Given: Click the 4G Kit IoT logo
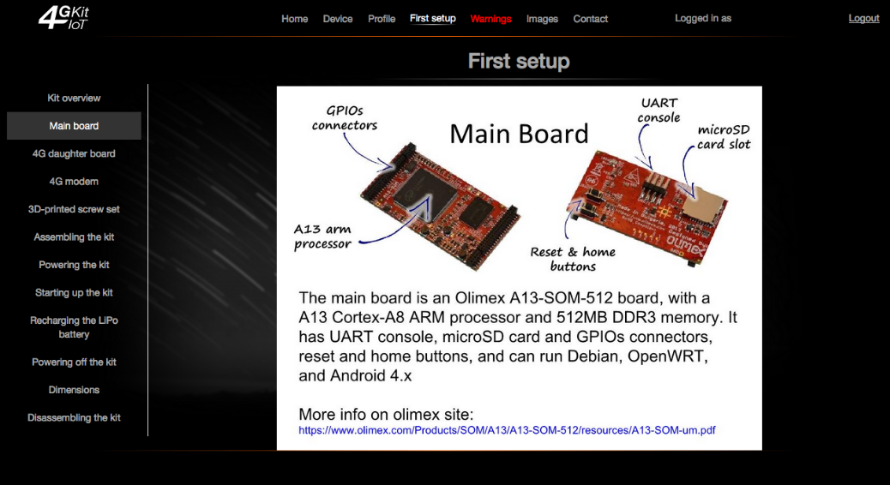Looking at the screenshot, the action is point(63,18).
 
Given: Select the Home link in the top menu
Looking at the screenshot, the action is point(295,19).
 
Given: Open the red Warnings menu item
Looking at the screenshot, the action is point(491,19).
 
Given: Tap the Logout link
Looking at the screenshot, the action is point(864,18).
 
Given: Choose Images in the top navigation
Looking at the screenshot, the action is point(542,19).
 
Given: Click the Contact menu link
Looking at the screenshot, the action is point(590,19).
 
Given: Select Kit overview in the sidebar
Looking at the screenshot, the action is point(74,99).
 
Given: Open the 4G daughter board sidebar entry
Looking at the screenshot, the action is point(74,153).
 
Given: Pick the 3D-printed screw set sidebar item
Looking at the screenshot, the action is point(74,209).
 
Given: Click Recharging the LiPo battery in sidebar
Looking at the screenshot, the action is point(74,327).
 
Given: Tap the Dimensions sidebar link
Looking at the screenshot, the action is point(74,390).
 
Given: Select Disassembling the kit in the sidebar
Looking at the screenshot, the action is point(74,417).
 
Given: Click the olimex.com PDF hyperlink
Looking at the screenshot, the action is point(507,430).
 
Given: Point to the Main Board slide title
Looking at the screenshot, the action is point(519,134).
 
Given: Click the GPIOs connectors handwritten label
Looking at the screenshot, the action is point(345,118).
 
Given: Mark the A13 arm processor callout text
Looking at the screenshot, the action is point(322,237).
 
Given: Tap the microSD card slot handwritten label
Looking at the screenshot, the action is point(724,137).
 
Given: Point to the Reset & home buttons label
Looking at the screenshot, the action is point(573,259).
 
